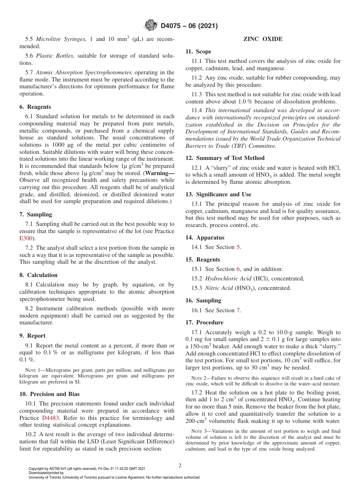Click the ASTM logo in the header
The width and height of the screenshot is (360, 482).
tap(151, 26)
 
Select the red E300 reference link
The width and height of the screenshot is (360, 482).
tap(26, 238)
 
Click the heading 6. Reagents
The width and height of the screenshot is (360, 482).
tap(35, 107)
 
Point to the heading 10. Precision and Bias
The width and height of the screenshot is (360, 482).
tap(49, 394)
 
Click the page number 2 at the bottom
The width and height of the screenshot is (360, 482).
tap(180, 466)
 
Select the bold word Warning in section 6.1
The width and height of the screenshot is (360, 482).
tap(161, 173)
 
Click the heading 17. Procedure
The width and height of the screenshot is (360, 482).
tap(204, 322)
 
